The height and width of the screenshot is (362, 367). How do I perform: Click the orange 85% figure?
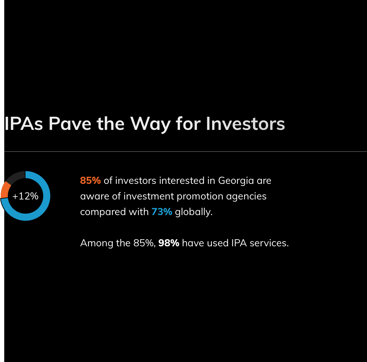(90, 181)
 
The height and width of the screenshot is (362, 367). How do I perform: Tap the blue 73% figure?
(162, 212)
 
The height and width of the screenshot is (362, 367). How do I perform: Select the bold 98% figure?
(169, 243)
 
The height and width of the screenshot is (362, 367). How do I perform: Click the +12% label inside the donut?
(25, 196)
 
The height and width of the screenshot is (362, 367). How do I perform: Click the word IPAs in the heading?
(24, 124)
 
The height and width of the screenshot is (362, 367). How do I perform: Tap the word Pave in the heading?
(70, 124)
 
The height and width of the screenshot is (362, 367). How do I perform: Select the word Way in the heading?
(150, 124)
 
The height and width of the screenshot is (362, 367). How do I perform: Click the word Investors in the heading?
(245, 124)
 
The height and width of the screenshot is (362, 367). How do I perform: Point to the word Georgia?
(236, 181)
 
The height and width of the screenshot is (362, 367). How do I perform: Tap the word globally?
(194, 212)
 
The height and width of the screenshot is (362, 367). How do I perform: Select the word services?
(269, 243)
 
